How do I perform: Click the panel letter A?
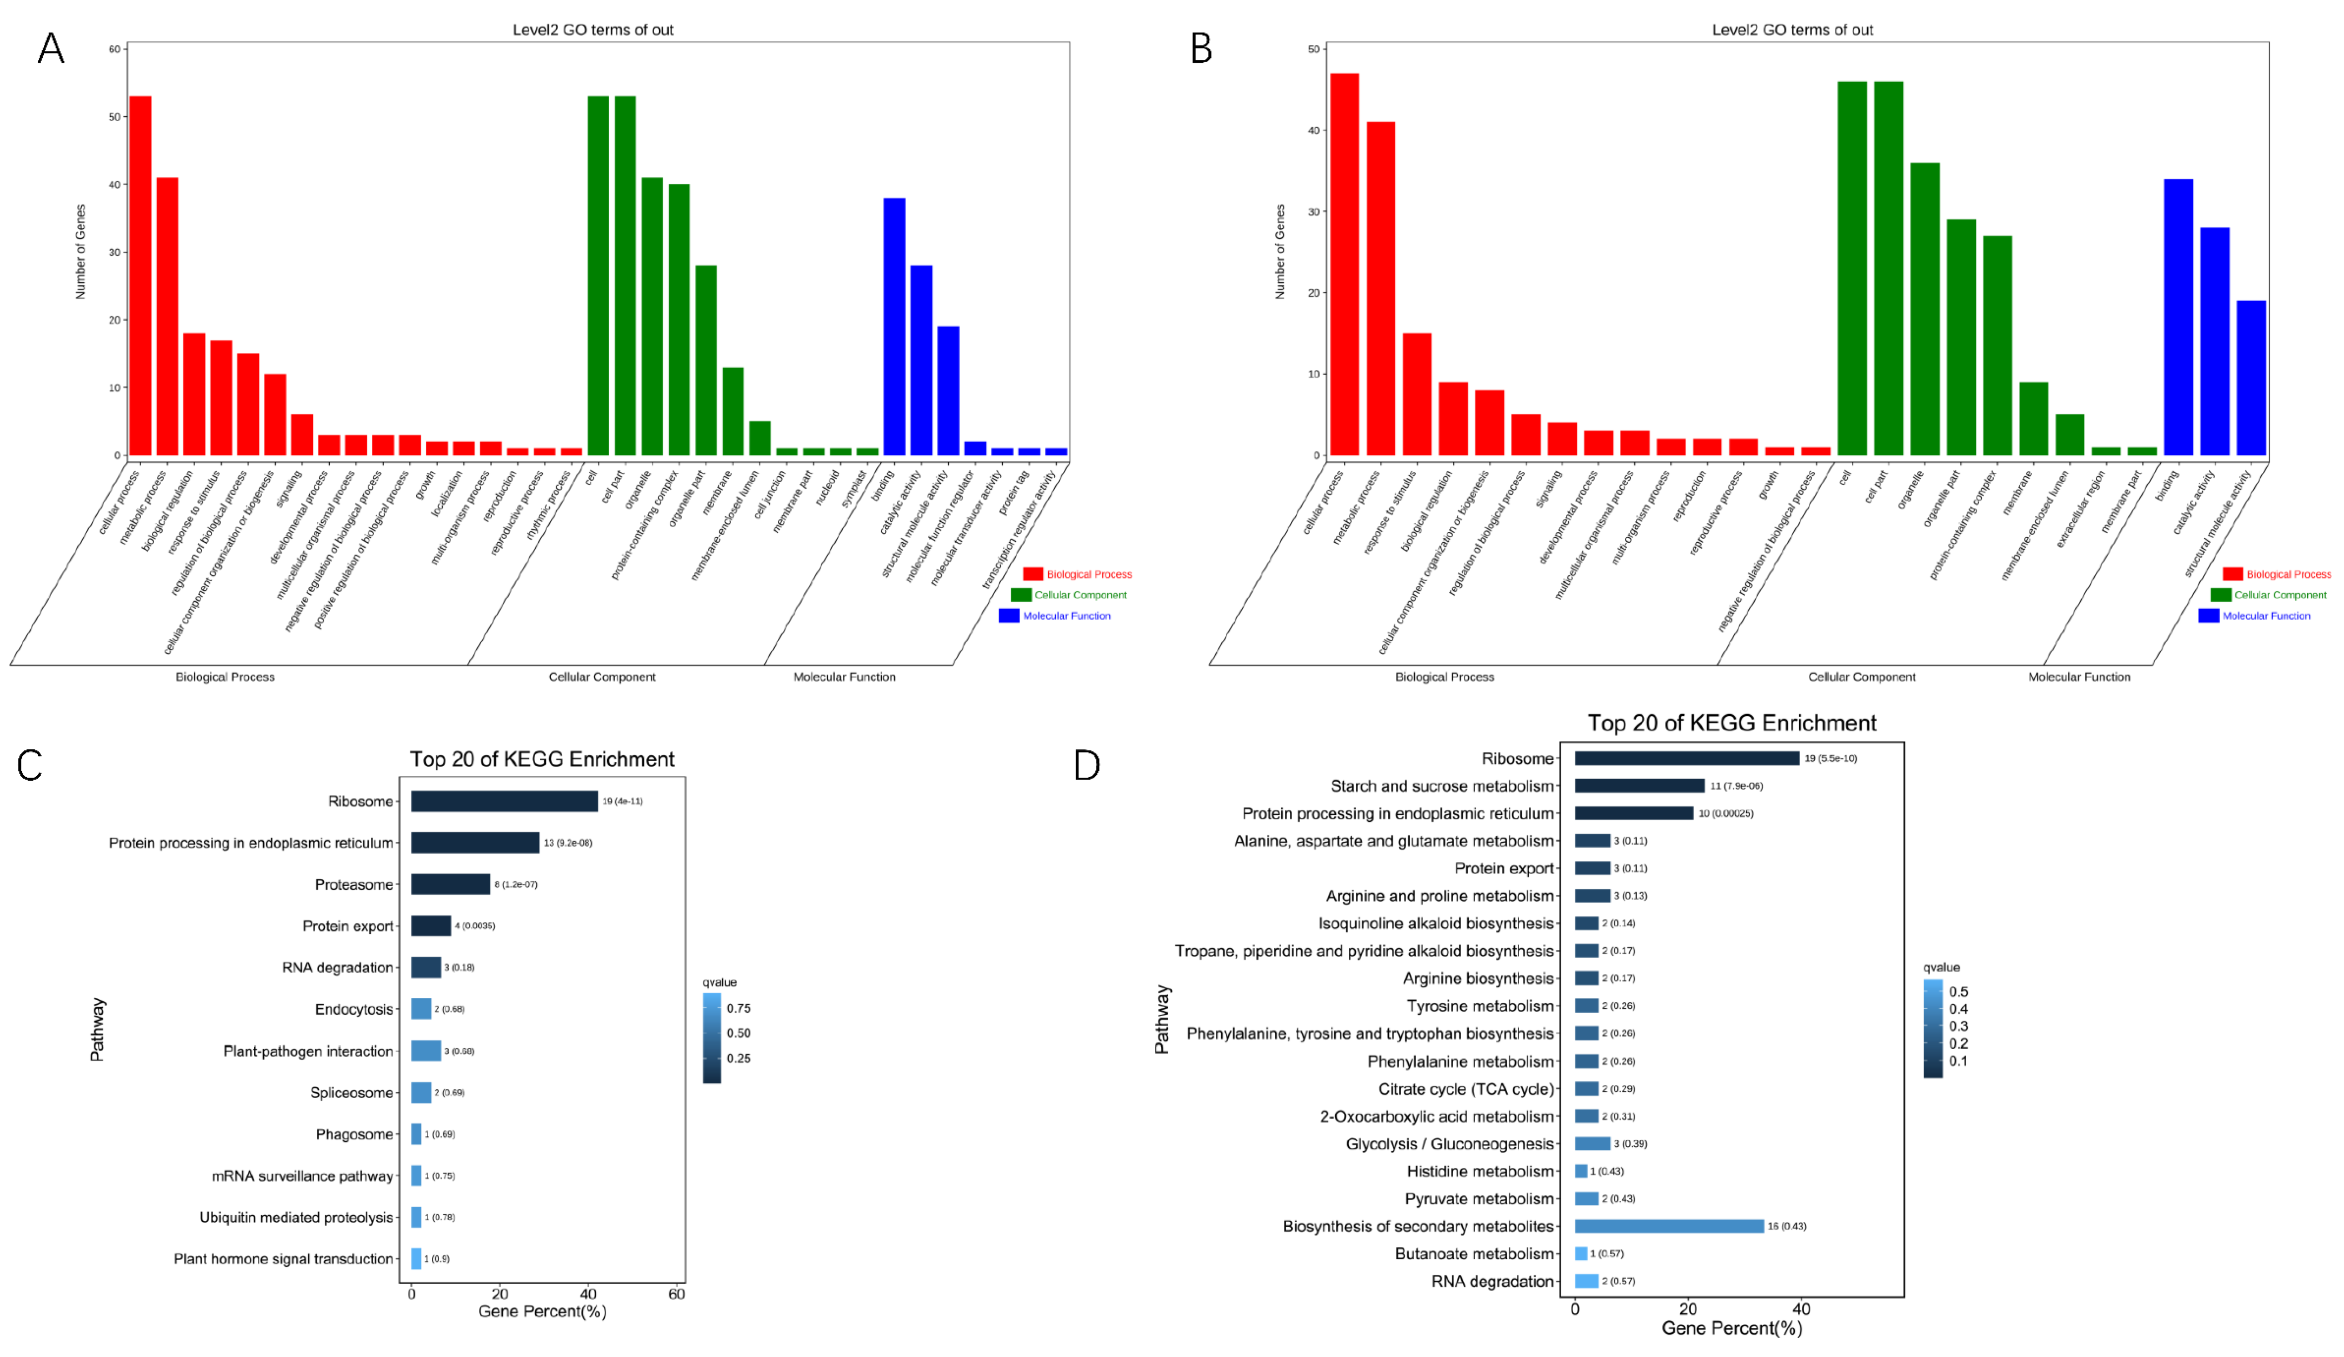coord(51,48)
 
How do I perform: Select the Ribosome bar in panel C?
coord(504,801)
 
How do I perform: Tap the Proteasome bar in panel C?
coord(450,883)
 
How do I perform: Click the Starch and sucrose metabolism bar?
coord(1639,786)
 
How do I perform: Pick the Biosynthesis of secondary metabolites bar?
coord(1669,1226)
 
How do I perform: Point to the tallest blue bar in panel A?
coord(894,325)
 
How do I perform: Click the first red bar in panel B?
coord(1344,264)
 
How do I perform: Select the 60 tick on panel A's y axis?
coord(115,49)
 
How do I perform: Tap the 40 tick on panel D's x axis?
coord(1801,1309)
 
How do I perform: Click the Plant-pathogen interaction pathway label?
coord(308,1051)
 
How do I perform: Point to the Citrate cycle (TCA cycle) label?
coord(1466,1089)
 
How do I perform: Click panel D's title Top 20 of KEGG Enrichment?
coord(1731,723)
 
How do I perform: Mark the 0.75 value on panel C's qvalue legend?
coord(738,1008)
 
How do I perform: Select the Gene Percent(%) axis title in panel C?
coord(542,1312)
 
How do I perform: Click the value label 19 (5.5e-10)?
coord(1830,759)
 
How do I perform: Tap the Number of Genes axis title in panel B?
coord(1280,251)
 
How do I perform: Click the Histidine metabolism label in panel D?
coord(1480,1171)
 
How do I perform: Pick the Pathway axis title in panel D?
coord(1162,1020)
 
